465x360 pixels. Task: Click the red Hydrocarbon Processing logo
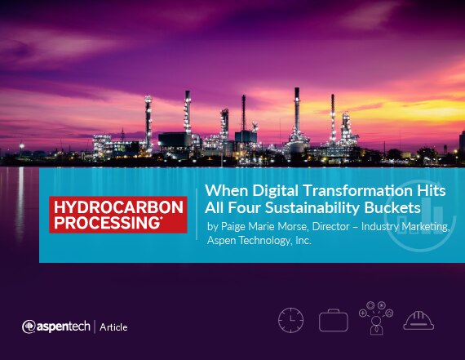(x=118, y=215)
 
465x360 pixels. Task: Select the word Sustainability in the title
(x=312, y=207)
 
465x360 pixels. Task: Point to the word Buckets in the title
(x=392, y=207)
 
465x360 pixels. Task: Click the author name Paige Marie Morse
(x=264, y=227)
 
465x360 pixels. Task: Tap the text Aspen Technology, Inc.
(x=259, y=240)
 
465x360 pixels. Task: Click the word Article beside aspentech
(x=113, y=327)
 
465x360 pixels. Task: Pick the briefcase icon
(x=334, y=320)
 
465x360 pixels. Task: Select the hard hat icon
(x=418, y=321)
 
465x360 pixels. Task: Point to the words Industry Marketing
(x=405, y=227)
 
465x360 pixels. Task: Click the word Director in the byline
(x=331, y=226)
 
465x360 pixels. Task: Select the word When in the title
(x=226, y=190)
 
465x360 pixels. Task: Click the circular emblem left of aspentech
(x=29, y=327)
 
